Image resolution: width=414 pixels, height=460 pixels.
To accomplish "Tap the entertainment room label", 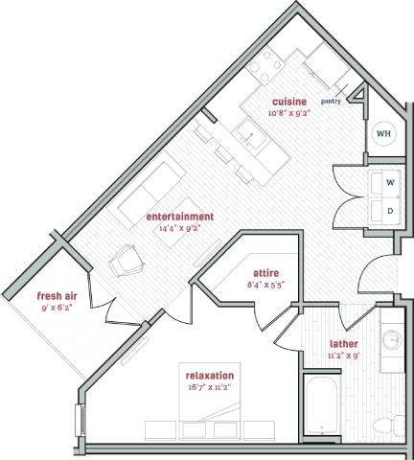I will pos(179,217).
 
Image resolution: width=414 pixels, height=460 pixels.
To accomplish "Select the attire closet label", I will pos(264,273).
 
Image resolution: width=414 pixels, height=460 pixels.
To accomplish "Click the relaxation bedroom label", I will pos(212,377).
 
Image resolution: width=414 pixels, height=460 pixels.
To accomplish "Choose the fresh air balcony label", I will pos(57,296).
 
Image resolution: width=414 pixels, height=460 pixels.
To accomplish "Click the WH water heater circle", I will pos(382,133).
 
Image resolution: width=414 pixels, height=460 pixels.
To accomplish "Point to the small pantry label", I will pos(332,99).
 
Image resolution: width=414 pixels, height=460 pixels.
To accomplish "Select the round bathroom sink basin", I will pos(392,339).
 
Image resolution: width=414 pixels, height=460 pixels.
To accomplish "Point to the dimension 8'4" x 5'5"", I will pos(264,285).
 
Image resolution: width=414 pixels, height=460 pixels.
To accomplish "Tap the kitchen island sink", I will pos(257,140).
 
